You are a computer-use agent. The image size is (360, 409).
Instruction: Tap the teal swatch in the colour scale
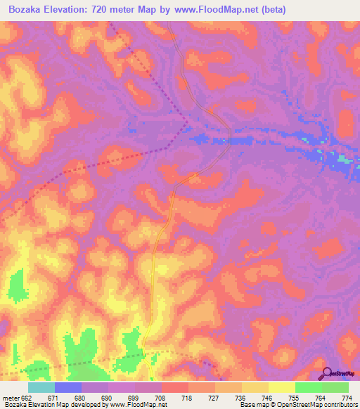click(41, 387)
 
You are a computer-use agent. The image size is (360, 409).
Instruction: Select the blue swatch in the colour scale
click(68, 387)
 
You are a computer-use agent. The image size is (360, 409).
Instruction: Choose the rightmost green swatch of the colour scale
click(335, 387)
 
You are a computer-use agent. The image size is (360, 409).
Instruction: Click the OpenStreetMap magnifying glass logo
click(327, 373)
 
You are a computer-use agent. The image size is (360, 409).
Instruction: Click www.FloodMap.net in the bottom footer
click(138, 405)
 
